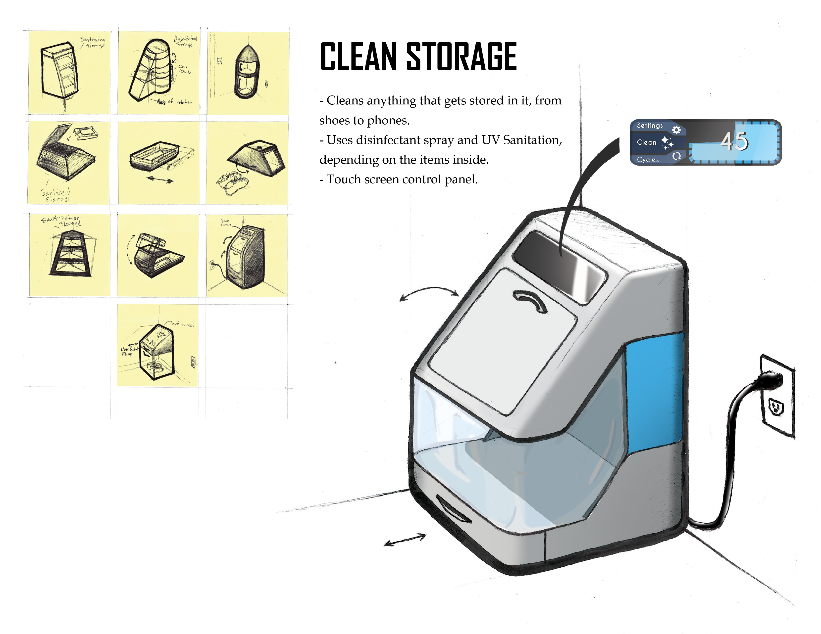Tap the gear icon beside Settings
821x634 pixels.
[676, 130]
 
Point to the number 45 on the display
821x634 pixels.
[734, 142]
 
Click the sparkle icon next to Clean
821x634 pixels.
[667, 143]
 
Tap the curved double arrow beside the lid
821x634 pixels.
[429, 293]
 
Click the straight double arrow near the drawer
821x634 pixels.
[405, 540]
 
